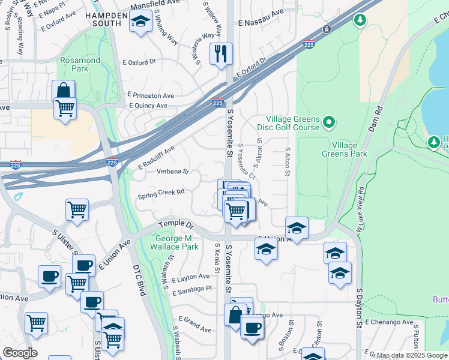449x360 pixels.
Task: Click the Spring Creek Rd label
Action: (161, 194)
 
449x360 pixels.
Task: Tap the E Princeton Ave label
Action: (150, 95)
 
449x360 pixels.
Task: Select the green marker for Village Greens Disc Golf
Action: (329, 123)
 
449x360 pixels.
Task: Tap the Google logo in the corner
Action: (20, 353)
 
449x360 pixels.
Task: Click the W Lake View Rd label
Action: (361, 207)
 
